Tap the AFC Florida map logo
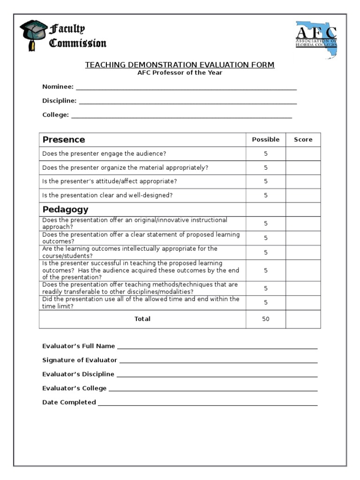pyautogui.click(x=316, y=37)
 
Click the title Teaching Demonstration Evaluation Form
pyautogui.click(x=180, y=65)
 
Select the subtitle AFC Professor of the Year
pyautogui.click(x=180, y=73)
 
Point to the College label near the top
pyautogui.click(x=55, y=115)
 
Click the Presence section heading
pyautogui.click(x=64, y=140)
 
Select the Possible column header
pyautogui.click(x=265, y=140)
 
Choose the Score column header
pyautogui.click(x=303, y=140)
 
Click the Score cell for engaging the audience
pyautogui.click(x=303, y=154)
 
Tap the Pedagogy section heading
pyautogui.click(x=65, y=209)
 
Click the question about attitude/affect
pyautogui.click(x=110, y=181)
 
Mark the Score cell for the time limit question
pyautogui.click(x=303, y=303)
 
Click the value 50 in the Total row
pyautogui.click(x=266, y=319)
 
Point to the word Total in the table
pyautogui.click(x=142, y=319)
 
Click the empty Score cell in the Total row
pyautogui.click(x=303, y=319)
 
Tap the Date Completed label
pyautogui.click(x=69, y=402)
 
